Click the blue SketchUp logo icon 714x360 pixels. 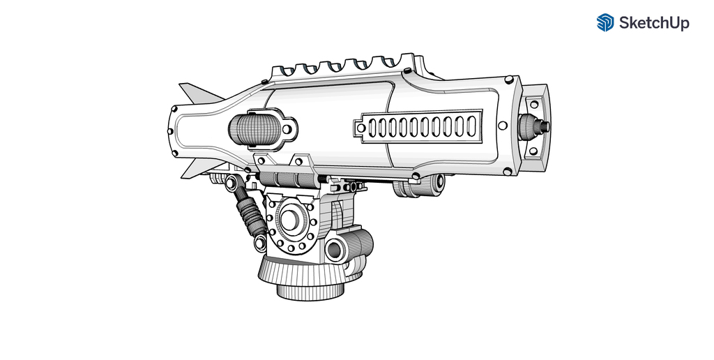coord(605,22)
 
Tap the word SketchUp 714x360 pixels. coord(654,23)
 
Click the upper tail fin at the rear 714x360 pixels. coord(200,93)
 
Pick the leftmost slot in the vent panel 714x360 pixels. coord(372,127)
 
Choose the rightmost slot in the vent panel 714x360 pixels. coord(471,126)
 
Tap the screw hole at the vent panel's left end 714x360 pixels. coord(360,128)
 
